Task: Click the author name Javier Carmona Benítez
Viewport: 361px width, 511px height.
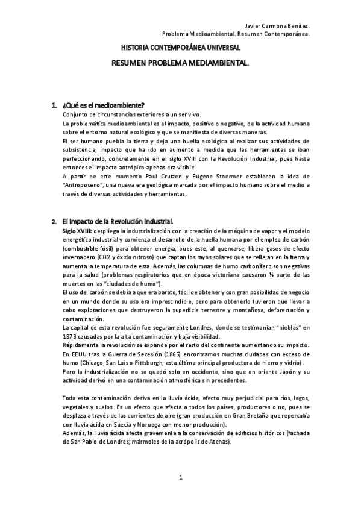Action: pos(278,27)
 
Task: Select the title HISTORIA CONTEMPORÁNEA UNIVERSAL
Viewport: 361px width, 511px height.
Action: pos(181,46)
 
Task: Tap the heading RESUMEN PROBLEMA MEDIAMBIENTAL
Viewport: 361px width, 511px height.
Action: pos(181,62)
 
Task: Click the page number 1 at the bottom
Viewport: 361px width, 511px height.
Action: pos(180,478)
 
